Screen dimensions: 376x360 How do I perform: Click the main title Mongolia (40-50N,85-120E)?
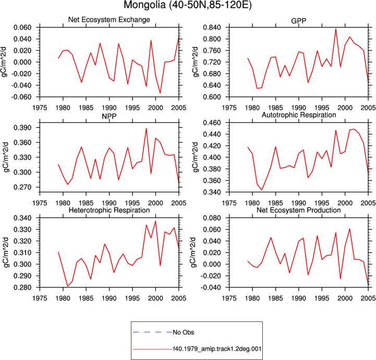(188, 5)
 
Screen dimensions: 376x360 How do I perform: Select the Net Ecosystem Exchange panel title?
(109, 19)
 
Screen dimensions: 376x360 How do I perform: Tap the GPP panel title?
(298, 21)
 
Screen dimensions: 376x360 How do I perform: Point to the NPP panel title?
(109, 116)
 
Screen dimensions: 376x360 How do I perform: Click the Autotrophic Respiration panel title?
(299, 115)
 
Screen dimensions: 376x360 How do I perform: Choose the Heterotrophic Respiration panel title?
(109, 210)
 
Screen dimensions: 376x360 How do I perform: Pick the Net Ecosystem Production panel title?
(298, 210)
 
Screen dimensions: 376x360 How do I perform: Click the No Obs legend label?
(184, 332)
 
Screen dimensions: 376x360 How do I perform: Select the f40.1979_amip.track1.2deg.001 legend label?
(217, 349)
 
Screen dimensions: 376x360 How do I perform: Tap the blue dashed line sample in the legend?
(152, 332)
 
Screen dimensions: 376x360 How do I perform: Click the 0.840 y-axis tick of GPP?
(212, 27)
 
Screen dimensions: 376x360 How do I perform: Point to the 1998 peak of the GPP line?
(336, 29)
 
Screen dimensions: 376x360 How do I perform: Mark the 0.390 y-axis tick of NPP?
(22, 128)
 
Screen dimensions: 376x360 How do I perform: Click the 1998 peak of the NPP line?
(146, 128)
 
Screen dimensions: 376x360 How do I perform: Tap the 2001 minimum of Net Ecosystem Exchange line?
(160, 93)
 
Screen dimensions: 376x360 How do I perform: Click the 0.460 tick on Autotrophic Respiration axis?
(212, 123)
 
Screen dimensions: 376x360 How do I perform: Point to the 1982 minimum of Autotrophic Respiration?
(262, 190)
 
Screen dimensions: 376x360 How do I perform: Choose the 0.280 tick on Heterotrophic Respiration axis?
(22, 287)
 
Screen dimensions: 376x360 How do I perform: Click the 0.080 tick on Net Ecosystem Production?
(212, 218)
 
